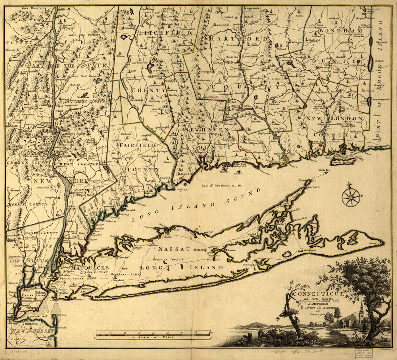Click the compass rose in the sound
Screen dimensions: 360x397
tap(351, 197)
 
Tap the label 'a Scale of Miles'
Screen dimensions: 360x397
tap(152, 337)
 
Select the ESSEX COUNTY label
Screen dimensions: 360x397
tap(36, 233)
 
